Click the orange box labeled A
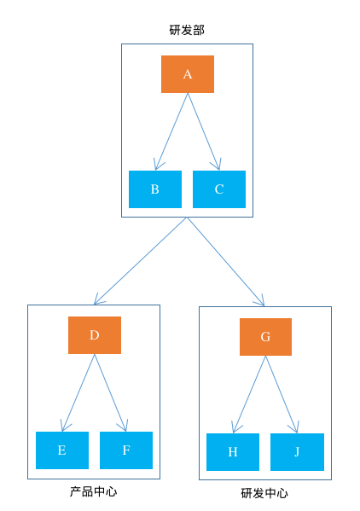pyautogui.click(x=188, y=74)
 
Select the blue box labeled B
pyautogui.click(x=155, y=189)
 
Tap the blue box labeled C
pyautogui.click(x=219, y=189)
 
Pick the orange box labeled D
pyautogui.click(x=95, y=335)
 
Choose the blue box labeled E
pyautogui.click(x=62, y=450)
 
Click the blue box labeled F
pyautogui.click(x=126, y=450)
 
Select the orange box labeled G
pyautogui.click(x=265, y=337)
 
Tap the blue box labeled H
pyautogui.click(x=233, y=452)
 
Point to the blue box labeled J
pyautogui.click(x=297, y=452)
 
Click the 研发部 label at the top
pyautogui.click(x=187, y=30)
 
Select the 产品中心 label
pyautogui.click(x=93, y=492)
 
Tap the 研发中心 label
pyautogui.click(x=264, y=494)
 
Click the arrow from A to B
pyautogui.click(x=171, y=131)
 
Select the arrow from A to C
pyautogui.click(x=204, y=131)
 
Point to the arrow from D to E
pyautogui.click(x=78, y=392)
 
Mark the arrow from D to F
pyautogui.click(x=111, y=392)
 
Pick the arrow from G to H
pyautogui.click(x=249, y=394)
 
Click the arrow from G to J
pyautogui.click(x=282, y=394)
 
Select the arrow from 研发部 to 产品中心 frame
pyautogui.click(x=141, y=261)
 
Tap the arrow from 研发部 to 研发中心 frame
pyautogui.click(x=225, y=261)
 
